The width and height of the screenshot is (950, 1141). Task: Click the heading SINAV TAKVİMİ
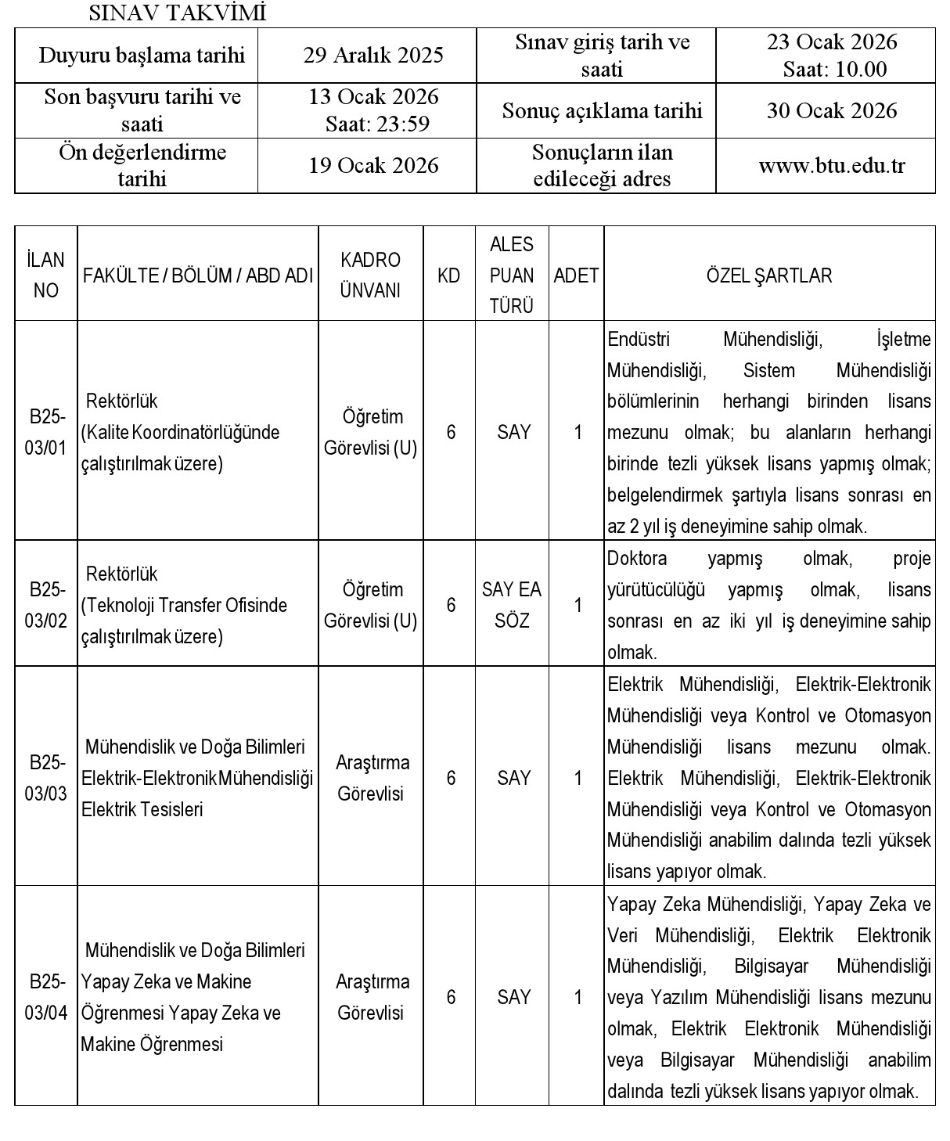(x=178, y=13)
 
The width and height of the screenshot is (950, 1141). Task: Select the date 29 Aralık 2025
(x=373, y=55)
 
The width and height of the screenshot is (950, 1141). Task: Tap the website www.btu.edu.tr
(x=832, y=166)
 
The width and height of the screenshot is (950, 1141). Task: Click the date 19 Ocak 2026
(x=373, y=166)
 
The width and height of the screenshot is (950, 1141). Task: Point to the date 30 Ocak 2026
(x=832, y=110)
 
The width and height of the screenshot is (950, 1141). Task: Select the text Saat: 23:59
(x=378, y=124)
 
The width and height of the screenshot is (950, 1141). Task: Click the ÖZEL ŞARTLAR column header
(x=769, y=275)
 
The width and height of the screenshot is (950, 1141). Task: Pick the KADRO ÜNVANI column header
(x=371, y=275)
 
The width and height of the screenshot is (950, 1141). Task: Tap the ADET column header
(x=576, y=275)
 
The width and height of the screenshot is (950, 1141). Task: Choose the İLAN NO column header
(x=46, y=275)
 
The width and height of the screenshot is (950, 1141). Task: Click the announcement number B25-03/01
(x=46, y=432)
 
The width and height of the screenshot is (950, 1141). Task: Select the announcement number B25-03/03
(x=46, y=778)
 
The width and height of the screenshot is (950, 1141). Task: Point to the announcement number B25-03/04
(x=46, y=997)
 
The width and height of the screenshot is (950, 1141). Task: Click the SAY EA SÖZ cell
(x=513, y=605)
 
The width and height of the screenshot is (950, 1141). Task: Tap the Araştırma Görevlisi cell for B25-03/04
(x=372, y=997)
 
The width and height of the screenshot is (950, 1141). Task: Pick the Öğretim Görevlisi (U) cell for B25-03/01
(x=371, y=432)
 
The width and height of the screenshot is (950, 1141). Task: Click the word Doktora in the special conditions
(x=637, y=559)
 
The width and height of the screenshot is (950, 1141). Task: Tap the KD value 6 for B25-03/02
(x=451, y=605)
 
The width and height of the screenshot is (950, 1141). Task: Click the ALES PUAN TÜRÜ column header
(x=512, y=275)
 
